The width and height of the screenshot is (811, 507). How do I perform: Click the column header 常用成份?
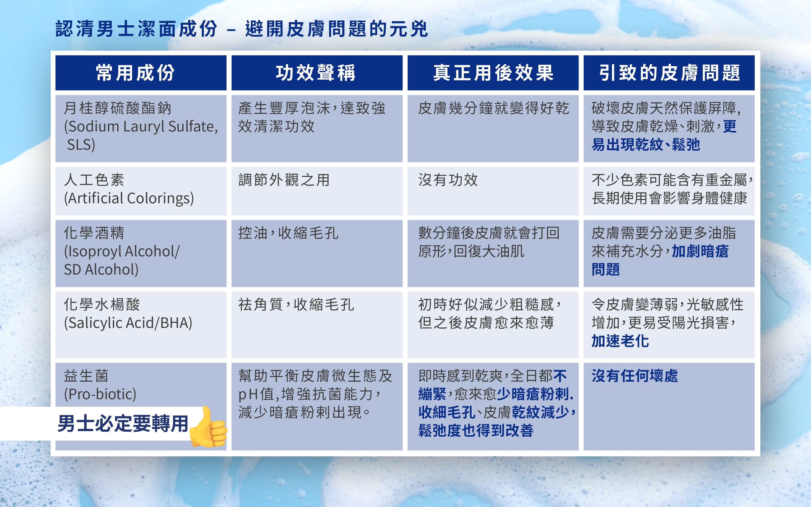point(135,73)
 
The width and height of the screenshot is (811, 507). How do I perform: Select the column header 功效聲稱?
point(316,73)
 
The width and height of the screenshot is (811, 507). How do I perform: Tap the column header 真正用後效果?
point(493,73)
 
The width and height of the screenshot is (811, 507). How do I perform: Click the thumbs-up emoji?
point(208,427)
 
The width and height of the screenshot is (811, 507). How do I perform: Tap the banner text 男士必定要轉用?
point(123,424)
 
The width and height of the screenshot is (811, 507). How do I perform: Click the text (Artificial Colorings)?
point(129,198)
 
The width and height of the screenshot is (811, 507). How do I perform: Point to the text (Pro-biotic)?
point(100,394)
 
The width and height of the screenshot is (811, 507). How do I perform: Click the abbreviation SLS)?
point(81,145)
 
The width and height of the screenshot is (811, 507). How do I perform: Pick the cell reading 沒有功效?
point(448,180)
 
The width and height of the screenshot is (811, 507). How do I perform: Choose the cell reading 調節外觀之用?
point(284,180)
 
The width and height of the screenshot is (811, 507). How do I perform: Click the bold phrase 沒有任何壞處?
point(635,376)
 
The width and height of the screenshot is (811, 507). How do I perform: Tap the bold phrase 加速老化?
point(620,341)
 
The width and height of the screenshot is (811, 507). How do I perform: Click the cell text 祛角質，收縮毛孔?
point(296,305)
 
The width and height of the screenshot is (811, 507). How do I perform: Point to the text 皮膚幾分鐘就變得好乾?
point(493,108)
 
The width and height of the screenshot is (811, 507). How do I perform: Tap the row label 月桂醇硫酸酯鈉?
point(117,108)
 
